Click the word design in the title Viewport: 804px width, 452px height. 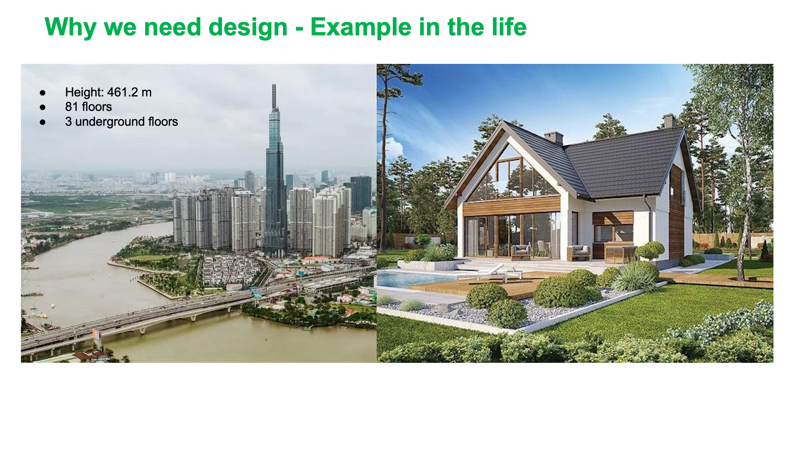(x=248, y=27)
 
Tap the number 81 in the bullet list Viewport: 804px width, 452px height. (x=72, y=107)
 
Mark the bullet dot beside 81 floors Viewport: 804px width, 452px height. (x=43, y=107)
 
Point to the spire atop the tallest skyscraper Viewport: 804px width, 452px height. (x=274, y=96)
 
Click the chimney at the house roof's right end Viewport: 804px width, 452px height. (x=669, y=121)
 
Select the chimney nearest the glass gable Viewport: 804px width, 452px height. (x=553, y=137)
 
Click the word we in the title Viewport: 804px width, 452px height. (x=120, y=29)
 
